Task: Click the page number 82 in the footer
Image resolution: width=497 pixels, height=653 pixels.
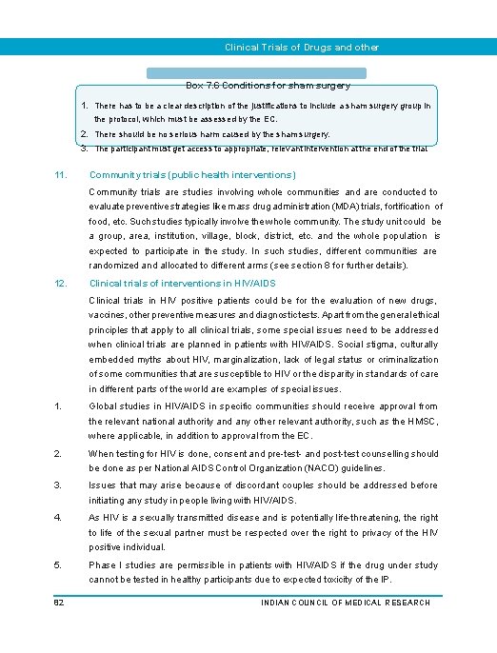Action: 59,603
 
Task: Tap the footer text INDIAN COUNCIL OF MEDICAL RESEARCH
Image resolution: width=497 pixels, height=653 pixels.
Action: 345,603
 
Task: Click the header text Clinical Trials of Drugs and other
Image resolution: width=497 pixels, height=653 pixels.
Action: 301,47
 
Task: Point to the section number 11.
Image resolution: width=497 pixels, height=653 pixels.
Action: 60,175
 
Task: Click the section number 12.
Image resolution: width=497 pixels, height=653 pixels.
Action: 60,283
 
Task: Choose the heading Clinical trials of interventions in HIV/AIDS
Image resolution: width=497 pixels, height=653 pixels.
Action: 182,283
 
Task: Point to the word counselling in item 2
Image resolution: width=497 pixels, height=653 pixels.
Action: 386,454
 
